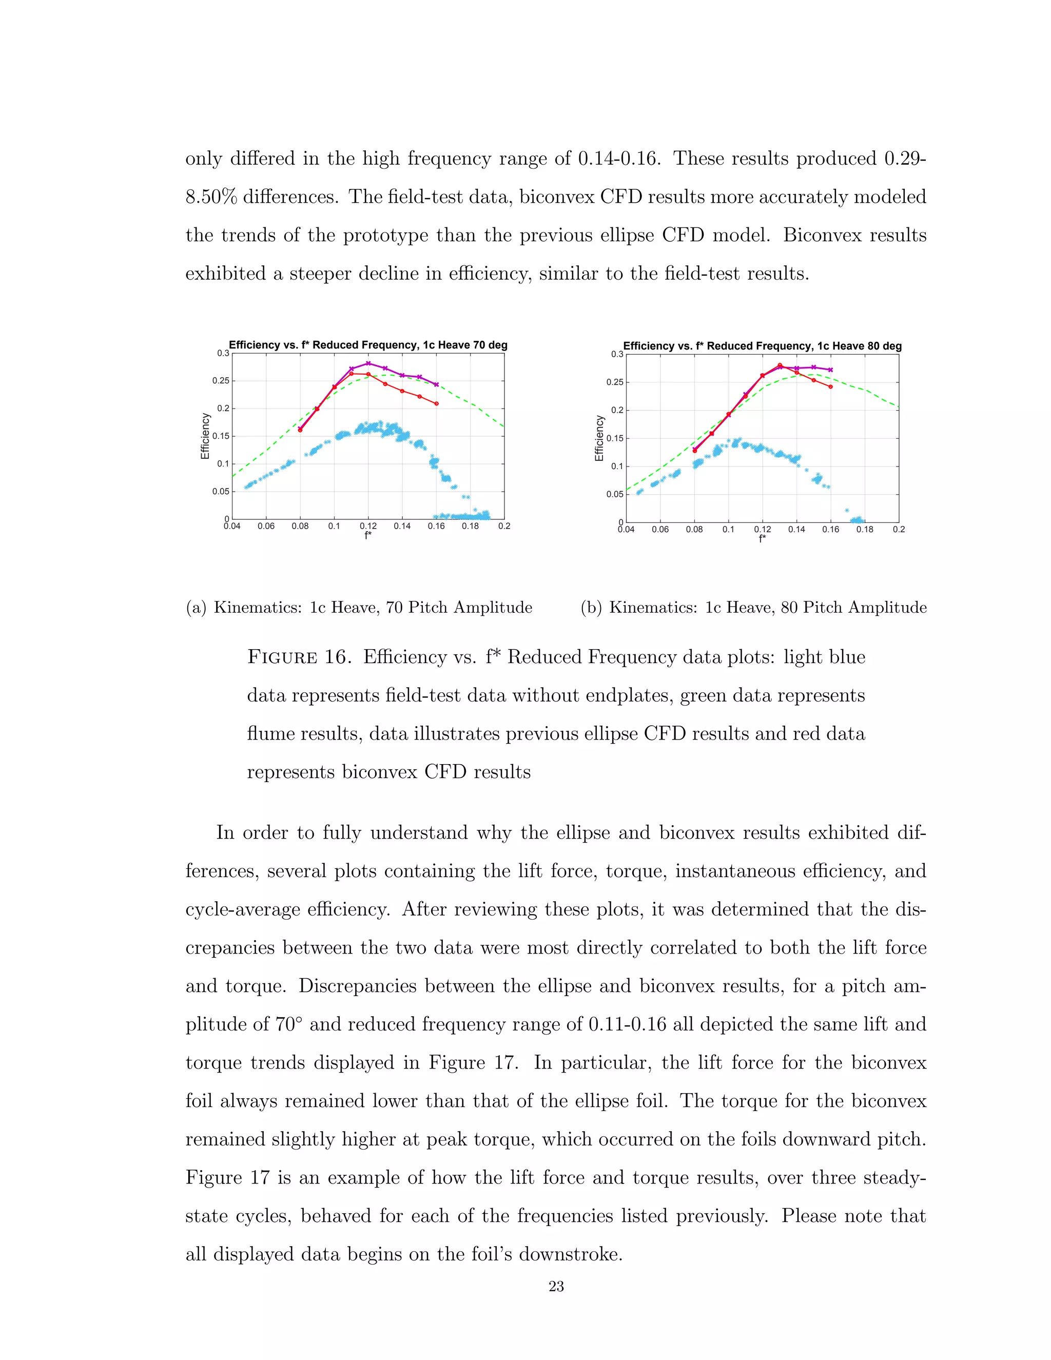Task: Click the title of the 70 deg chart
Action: pos(368,345)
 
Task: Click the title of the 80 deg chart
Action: pos(762,346)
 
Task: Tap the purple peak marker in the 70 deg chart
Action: pos(368,363)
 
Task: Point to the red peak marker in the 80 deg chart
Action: pos(780,365)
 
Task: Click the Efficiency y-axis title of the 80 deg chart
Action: pos(599,438)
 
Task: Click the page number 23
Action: pos(556,1287)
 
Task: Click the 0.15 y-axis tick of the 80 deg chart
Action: pos(614,438)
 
